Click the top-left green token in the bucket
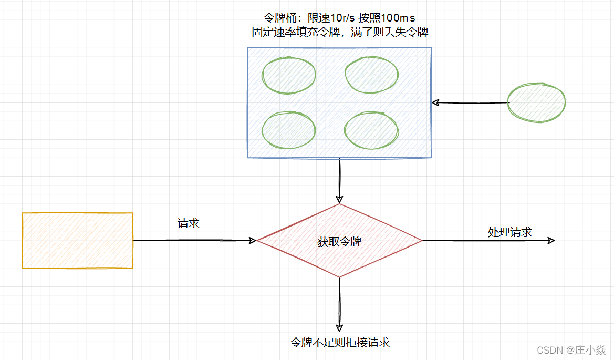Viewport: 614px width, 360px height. tap(288, 75)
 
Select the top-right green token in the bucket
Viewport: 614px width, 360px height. tap(371, 75)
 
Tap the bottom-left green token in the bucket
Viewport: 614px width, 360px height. tap(288, 129)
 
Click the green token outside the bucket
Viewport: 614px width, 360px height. tap(537, 102)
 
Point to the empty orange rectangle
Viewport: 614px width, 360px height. tap(78, 240)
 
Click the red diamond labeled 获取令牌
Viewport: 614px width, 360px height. tap(339, 241)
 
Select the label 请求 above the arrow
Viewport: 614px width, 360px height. tap(189, 223)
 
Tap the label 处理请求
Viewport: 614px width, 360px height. tap(509, 232)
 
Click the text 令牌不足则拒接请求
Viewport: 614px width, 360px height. tap(340, 343)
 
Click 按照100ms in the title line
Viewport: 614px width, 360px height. tap(390, 17)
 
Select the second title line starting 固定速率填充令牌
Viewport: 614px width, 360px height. tap(340, 32)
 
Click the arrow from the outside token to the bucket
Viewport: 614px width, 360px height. tap(470, 102)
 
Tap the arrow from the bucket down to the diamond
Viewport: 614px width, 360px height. tap(339, 181)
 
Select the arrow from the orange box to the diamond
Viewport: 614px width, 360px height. tap(194, 241)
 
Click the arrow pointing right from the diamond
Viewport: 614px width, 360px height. tap(488, 241)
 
